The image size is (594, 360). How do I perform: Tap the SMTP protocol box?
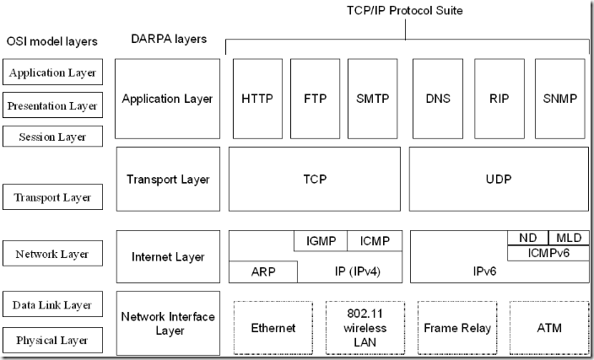[x=372, y=99]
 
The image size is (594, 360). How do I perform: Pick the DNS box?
[x=438, y=99]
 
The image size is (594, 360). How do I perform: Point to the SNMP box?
[x=560, y=99]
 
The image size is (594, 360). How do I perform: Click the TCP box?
[x=314, y=180]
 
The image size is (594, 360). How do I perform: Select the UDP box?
[x=499, y=180]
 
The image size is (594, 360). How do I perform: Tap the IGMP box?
[x=320, y=241]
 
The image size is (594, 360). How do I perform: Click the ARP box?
[x=263, y=271]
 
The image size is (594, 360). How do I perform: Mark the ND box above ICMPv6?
[x=527, y=238]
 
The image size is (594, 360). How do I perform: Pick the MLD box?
[x=568, y=238]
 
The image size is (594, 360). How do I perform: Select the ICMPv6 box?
[x=548, y=252]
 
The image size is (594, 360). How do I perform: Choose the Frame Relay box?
[x=456, y=327]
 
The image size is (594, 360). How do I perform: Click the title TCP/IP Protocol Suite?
[x=405, y=11]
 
